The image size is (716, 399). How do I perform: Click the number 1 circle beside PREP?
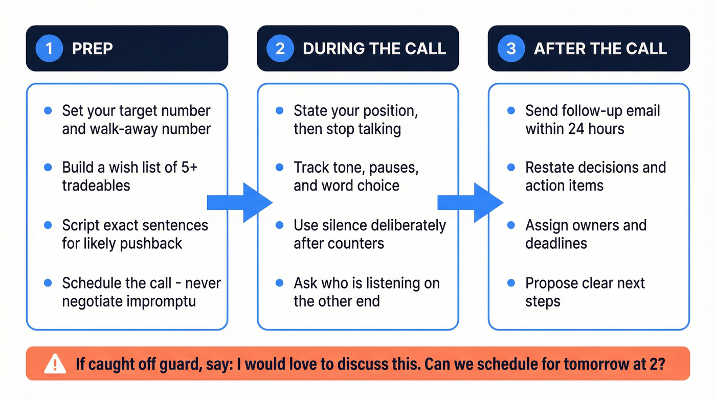[49, 49]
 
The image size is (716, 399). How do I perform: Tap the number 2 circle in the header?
[280, 49]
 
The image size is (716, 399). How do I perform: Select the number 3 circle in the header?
[511, 49]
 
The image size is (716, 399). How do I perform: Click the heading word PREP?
[93, 49]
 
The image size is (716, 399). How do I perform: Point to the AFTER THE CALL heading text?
[600, 49]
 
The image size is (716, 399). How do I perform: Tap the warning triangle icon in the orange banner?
[55, 364]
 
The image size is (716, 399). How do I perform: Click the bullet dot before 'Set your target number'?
[48, 110]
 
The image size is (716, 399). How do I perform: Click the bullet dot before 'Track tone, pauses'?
[279, 168]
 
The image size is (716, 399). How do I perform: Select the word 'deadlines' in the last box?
[556, 243]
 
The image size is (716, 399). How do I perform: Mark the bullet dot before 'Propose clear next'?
[511, 283]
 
